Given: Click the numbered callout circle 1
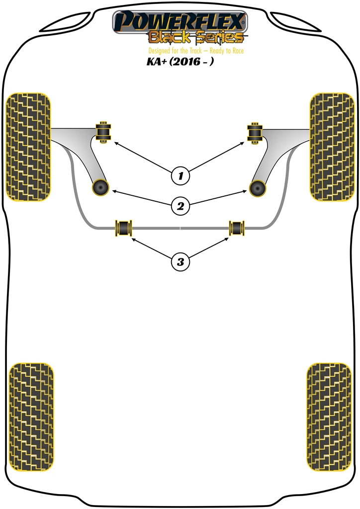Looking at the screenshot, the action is (180, 176).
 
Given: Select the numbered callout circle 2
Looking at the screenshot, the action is (180, 206).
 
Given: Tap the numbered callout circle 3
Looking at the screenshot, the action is (180, 261).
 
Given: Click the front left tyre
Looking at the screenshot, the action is (28, 147).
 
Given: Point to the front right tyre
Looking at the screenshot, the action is (332, 147).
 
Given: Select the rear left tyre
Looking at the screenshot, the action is (31, 417).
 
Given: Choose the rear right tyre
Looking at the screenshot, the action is (329, 417).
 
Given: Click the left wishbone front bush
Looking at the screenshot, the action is (103, 132).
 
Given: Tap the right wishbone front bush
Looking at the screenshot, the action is (256, 133).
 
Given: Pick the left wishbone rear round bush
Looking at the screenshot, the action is (100, 187).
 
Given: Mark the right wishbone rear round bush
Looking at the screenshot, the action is (258, 188).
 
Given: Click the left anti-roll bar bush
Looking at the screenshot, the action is (124, 228).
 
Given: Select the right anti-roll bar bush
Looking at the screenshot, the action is (237, 228).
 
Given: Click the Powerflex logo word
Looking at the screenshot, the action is (180, 21).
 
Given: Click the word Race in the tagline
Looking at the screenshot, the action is (238, 51).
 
